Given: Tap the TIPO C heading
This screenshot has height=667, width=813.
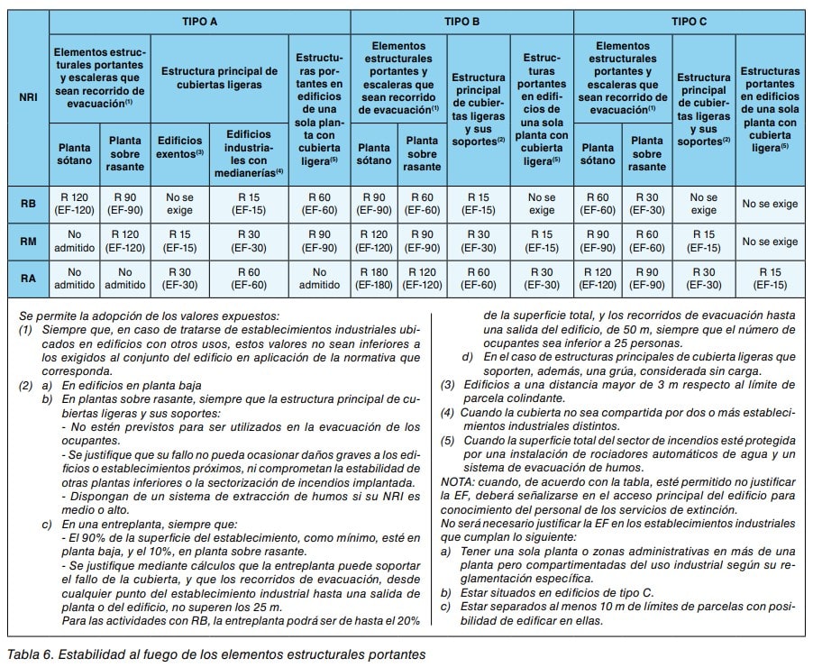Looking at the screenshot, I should [689, 20].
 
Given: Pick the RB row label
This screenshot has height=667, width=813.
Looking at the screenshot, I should [28, 204].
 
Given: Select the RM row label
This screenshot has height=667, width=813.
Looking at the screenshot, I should [28, 242].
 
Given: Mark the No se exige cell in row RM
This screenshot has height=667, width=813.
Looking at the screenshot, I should [769, 242].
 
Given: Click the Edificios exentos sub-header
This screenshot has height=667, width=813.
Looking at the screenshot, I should [180, 147].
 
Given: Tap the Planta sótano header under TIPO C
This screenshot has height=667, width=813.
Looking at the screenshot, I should [598, 154].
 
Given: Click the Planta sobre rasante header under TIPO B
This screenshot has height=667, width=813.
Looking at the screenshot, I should [421, 154].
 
